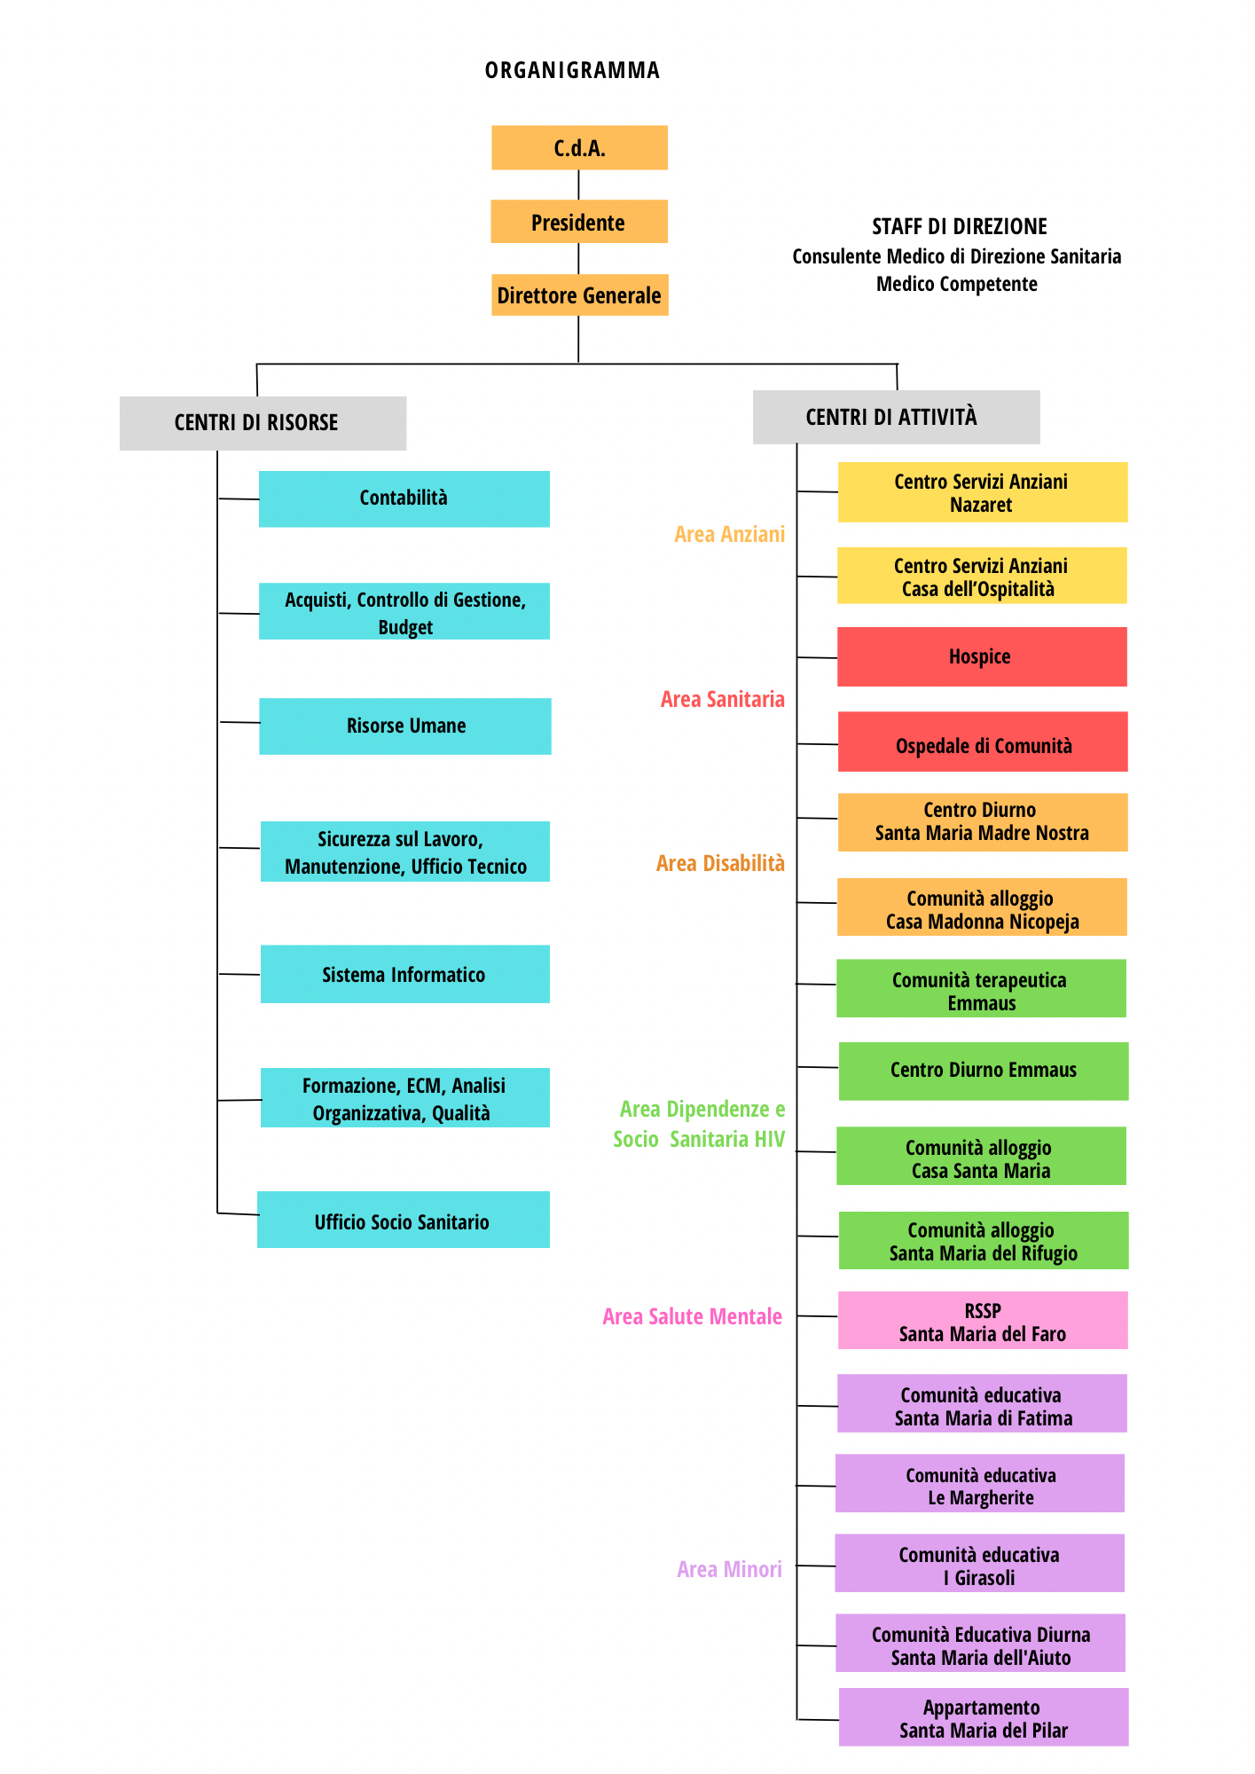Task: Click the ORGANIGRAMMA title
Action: (572, 71)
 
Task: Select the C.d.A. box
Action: (579, 148)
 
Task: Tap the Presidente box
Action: (578, 222)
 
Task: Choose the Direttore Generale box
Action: (579, 295)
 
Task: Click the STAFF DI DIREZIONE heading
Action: (959, 227)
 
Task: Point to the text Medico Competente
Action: (956, 285)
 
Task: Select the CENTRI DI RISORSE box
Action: (263, 423)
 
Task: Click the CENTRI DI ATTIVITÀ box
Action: (896, 417)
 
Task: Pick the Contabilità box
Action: (404, 498)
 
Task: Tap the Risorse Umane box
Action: (405, 726)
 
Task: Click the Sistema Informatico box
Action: (404, 975)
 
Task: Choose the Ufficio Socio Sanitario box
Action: (403, 1221)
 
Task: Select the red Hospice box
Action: (982, 657)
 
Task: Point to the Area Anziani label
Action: (729, 535)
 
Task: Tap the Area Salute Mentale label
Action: (692, 1317)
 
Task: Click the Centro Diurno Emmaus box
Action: (983, 1071)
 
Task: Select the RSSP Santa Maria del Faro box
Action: (983, 1322)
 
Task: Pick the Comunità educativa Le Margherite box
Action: (980, 1484)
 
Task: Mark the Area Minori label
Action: (729, 1570)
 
